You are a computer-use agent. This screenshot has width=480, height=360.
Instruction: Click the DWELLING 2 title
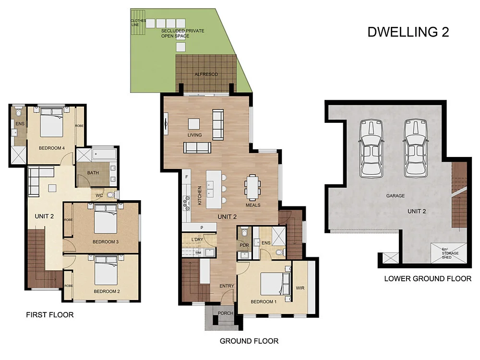coord(408,32)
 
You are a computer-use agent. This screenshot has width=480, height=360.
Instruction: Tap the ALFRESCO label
coord(206,74)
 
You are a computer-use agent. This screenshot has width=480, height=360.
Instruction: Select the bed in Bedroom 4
coord(52,123)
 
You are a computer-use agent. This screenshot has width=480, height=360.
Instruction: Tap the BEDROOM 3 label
coord(106,242)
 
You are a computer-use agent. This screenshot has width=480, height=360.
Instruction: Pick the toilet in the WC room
coord(111,195)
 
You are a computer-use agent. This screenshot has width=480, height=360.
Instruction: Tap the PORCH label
coord(225,313)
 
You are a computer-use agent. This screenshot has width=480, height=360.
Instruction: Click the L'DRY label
coord(197,240)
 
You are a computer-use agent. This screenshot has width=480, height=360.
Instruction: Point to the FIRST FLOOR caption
coord(49,315)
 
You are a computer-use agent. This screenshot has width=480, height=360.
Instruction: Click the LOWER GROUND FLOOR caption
coord(428,278)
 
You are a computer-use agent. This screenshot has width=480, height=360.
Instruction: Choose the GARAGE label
coord(396,196)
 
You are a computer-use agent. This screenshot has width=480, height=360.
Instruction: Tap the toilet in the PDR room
coord(244,234)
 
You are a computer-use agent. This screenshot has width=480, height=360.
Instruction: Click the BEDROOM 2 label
coord(107,291)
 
